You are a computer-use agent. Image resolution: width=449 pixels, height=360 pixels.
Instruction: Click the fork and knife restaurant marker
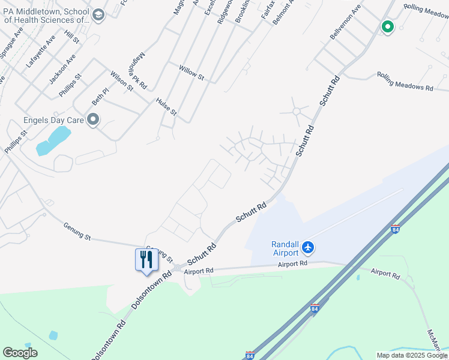click(x=145, y=260)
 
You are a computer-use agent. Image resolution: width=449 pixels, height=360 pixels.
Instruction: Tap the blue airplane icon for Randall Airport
click(x=308, y=247)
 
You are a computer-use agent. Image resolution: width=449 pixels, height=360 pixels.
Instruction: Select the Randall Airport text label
click(x=285, y=248)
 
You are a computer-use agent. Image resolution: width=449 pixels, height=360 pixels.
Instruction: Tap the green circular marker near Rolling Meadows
click(x=387, y=26)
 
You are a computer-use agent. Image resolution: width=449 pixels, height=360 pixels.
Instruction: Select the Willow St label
click(x=191, y=73)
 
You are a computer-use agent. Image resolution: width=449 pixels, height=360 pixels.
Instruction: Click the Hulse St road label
click(x=166, y=107)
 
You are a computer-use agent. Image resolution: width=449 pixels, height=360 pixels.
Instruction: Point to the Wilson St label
click(x=121, y=81)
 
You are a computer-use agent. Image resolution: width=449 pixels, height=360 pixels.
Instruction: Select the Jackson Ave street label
click(x=62, y=68)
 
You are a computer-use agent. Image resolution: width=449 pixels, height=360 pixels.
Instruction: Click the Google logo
click(x=20, y=353)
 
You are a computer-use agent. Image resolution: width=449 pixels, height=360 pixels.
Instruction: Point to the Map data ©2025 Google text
click(x=411, y=355)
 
